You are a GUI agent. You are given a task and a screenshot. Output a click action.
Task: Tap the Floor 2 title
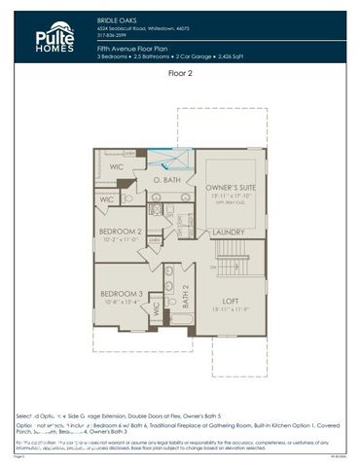coord(181,73)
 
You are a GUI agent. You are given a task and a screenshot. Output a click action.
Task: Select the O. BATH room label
coord(168,181)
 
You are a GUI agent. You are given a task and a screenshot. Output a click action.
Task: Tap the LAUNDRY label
coord(228,233)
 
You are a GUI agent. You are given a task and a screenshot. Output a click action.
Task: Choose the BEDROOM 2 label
coord(121,231)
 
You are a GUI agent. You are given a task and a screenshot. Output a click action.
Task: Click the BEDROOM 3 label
coord(121,293)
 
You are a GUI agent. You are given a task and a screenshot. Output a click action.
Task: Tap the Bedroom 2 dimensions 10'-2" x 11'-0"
coord(121,238)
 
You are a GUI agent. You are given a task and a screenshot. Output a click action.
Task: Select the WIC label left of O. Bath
coord(117,167)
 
